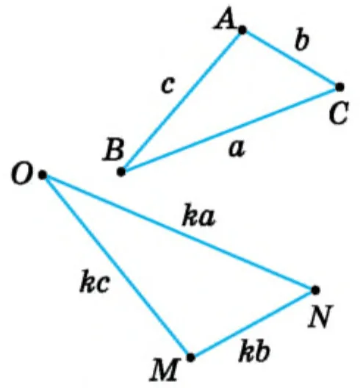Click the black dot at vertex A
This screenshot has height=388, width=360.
tap(242, 30)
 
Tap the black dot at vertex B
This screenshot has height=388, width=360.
tap(121, 171)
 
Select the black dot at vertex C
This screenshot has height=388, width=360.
tap(339, 87)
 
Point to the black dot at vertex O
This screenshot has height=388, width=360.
tap(43, 175)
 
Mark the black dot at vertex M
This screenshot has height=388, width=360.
tap(190, 357)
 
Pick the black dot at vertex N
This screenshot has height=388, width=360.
tap(315, 290)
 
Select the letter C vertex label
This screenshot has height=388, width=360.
tap(339, 112)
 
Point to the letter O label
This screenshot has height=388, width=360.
tap(22, 173)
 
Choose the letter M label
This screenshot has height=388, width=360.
tap(164, 370)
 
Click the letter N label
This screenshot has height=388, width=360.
tap(320, 316)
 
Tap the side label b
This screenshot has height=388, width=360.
tap(302, 40)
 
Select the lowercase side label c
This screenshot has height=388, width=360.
tap(168, 85)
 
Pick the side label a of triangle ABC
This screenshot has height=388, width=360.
tap(237, 148)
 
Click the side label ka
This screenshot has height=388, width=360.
tap(198, 215)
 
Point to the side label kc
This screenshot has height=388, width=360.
tap(95, 281)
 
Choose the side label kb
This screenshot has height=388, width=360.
tap(254, 351)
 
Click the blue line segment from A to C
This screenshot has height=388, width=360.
tap(291, 58)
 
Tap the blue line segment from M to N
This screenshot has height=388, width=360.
tap(253, 323)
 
